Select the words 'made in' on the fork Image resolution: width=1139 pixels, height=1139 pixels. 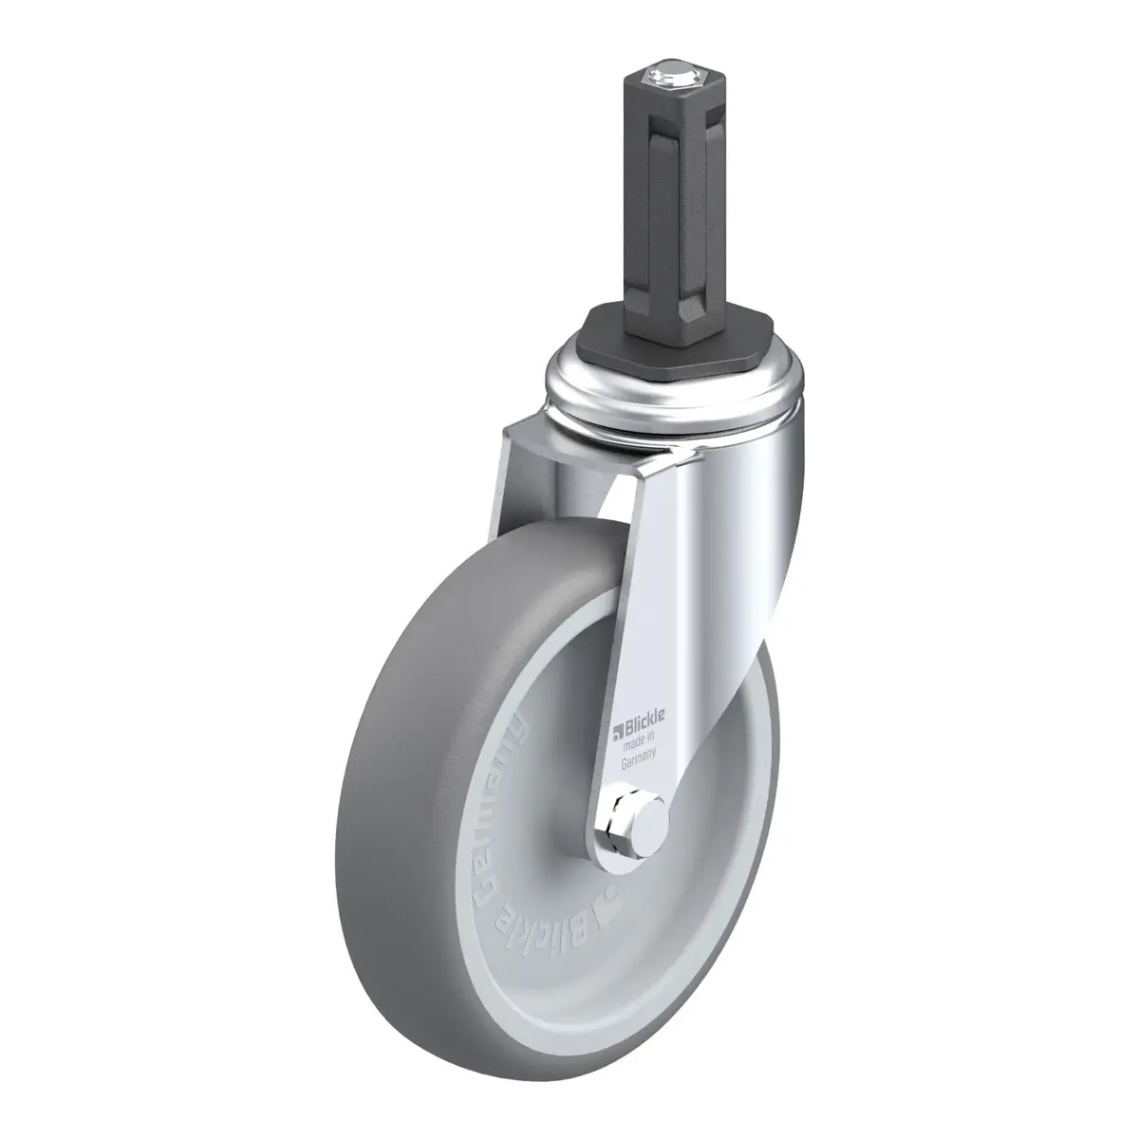(637, 737)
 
